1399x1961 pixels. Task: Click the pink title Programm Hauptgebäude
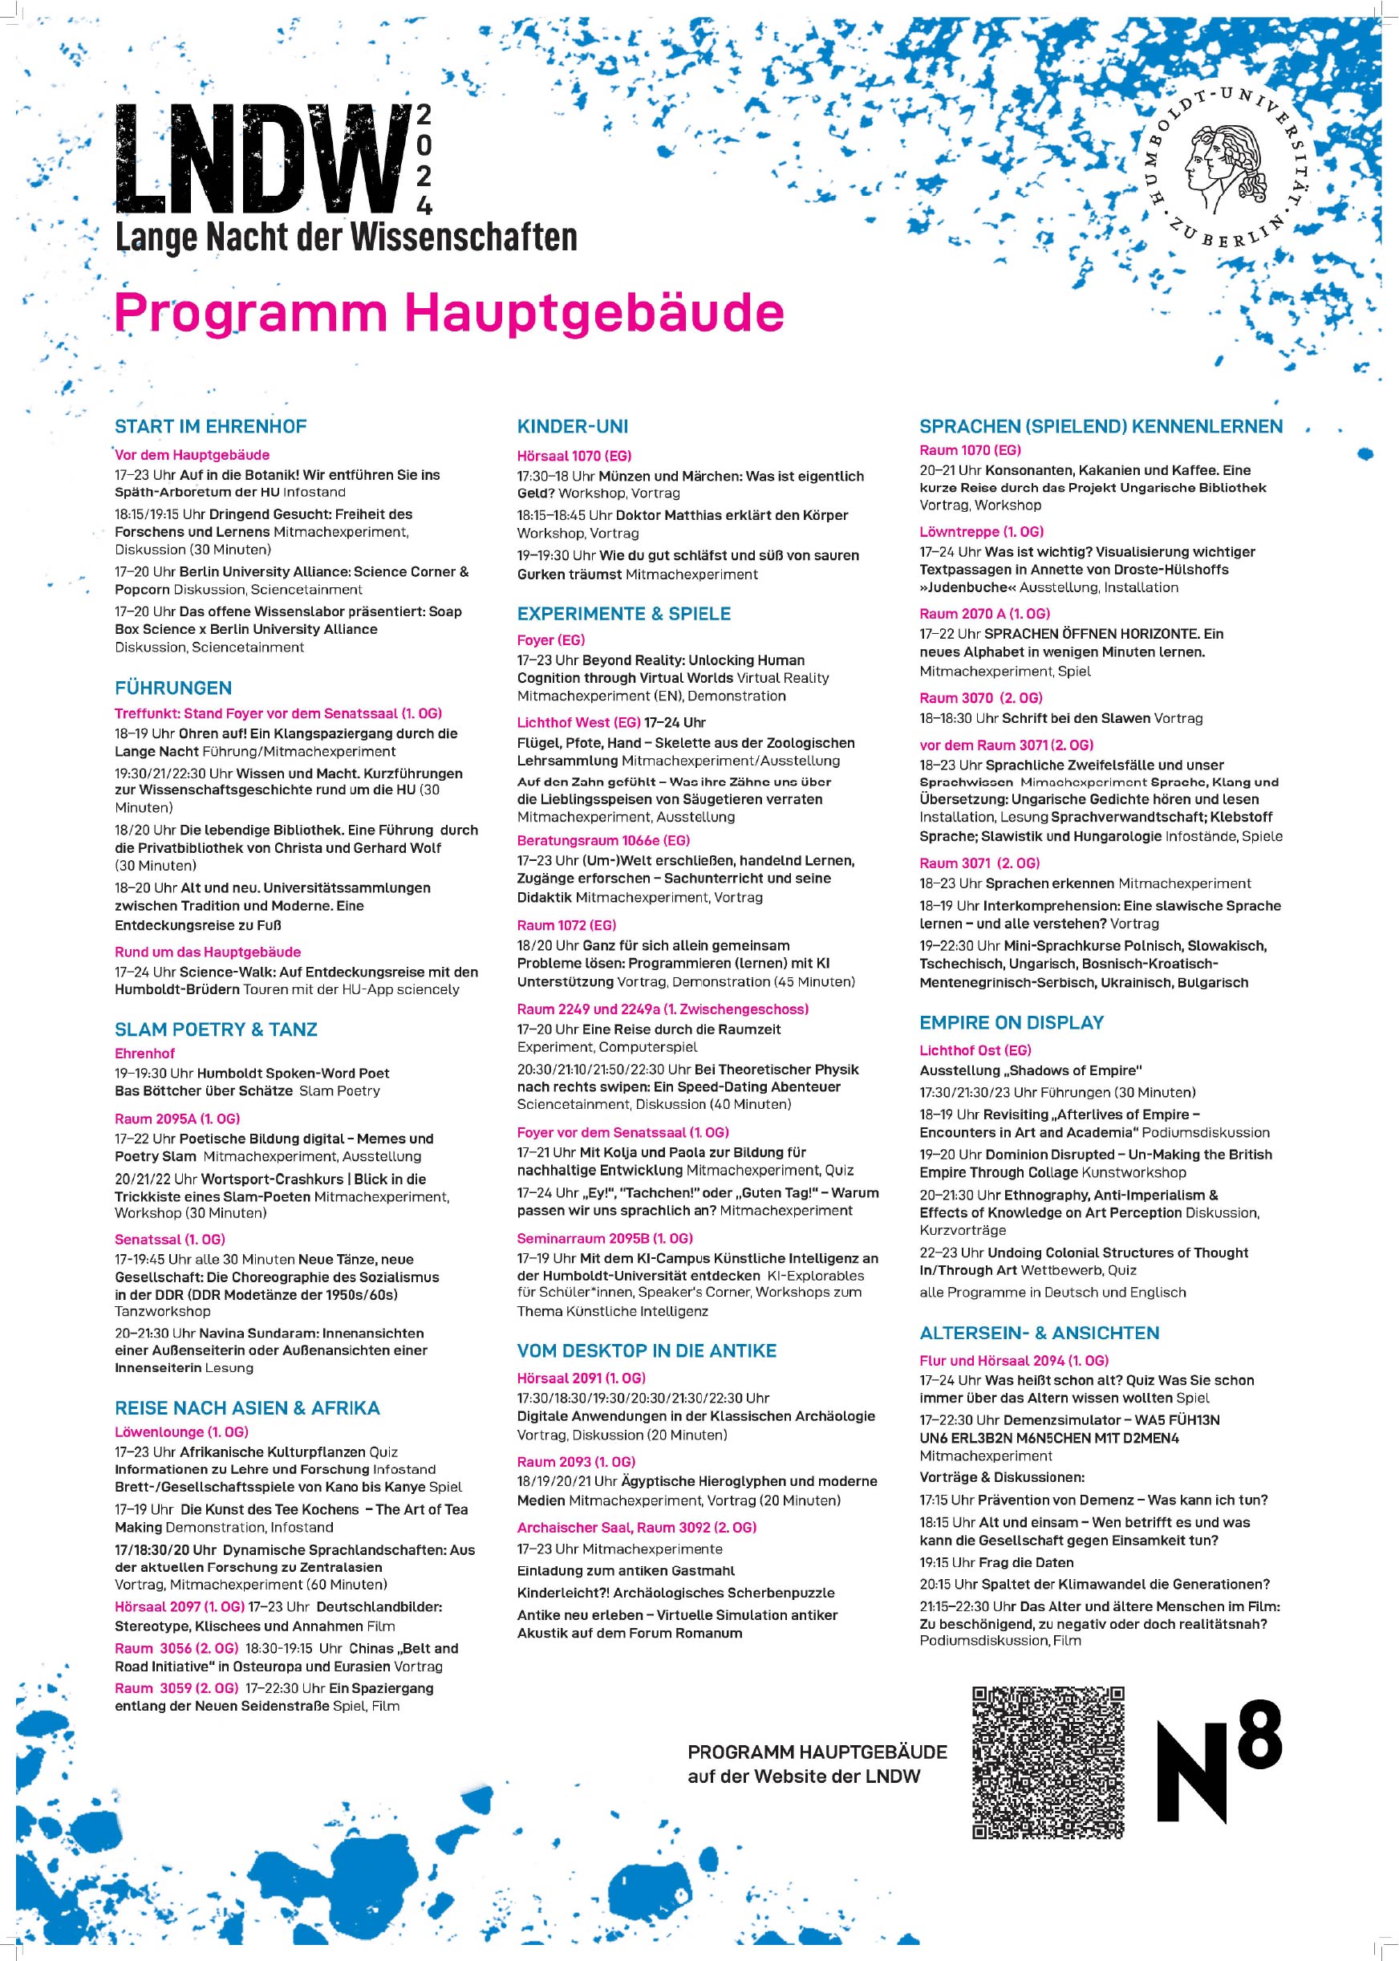tap(448, 313)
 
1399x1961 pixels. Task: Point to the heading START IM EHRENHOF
tap(210, 427)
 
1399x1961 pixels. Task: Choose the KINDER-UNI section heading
tap(572, 427)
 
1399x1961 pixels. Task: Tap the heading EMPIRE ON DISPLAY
tap(1012, 1023)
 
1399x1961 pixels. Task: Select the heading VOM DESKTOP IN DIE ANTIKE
tap(646, 1351)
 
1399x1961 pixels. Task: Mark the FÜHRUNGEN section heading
tap(173, 688)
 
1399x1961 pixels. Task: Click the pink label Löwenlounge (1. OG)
tap(181, 1432)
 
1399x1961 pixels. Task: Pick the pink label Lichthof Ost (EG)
tap(975, 1050)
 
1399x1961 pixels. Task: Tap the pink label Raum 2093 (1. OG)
tap(575, 1462)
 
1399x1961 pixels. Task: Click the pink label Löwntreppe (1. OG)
tap(981, 532)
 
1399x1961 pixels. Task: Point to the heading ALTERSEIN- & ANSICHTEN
tap(1039, 1333)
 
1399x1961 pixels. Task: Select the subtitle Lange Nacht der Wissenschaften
tap(346, 238)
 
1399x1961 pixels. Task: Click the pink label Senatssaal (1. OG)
tap(170, 1239)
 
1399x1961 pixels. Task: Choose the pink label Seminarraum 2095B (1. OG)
tap(605, 1238)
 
